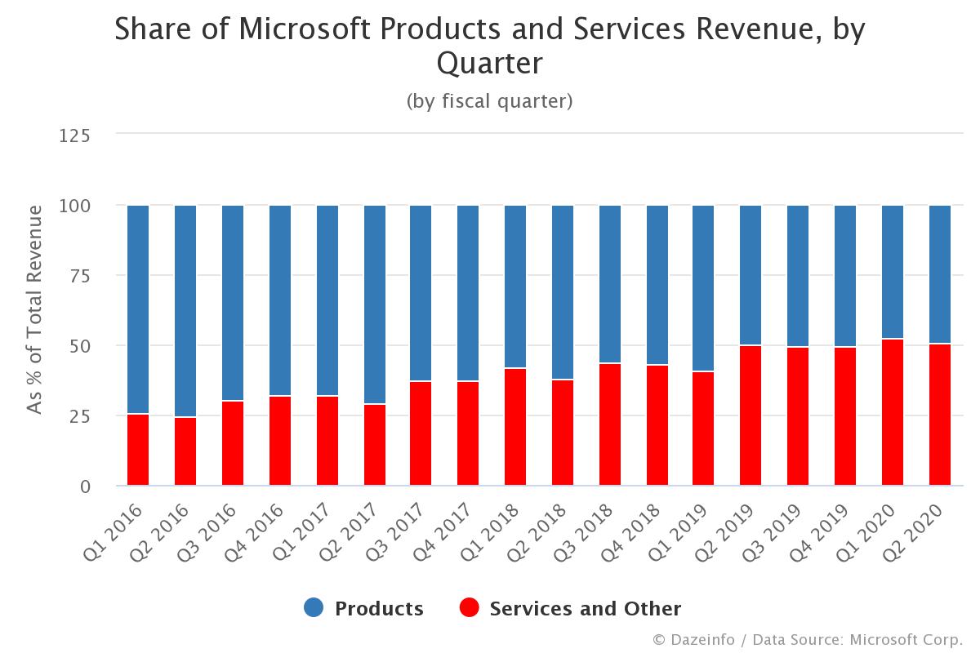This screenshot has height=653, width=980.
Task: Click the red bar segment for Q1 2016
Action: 138,450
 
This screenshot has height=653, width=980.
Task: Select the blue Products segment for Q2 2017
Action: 374,304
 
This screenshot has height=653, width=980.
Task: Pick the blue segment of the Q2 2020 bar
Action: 940,274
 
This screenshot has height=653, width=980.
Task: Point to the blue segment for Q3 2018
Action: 609,283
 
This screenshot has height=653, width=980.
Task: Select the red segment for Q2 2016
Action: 185,451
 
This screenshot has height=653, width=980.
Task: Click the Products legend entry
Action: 378,609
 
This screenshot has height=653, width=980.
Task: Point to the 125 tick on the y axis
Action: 76,135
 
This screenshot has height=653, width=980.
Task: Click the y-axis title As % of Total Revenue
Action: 34,309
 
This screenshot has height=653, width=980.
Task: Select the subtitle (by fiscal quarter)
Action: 489,101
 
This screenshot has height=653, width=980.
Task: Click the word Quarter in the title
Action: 489,62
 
